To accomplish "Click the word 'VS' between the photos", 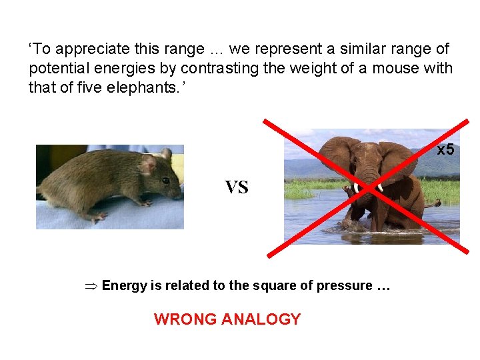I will pyautogui.click(x=236, y=188).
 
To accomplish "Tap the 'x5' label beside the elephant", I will pyautogui.click(x=445, y=149).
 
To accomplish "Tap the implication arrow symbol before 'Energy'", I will pyautogui.click(x=93, y=286).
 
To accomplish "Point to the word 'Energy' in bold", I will pyautogui.click(x=125, y=286).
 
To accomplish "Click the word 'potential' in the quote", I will pyautogui.click(x=55, y=68).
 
